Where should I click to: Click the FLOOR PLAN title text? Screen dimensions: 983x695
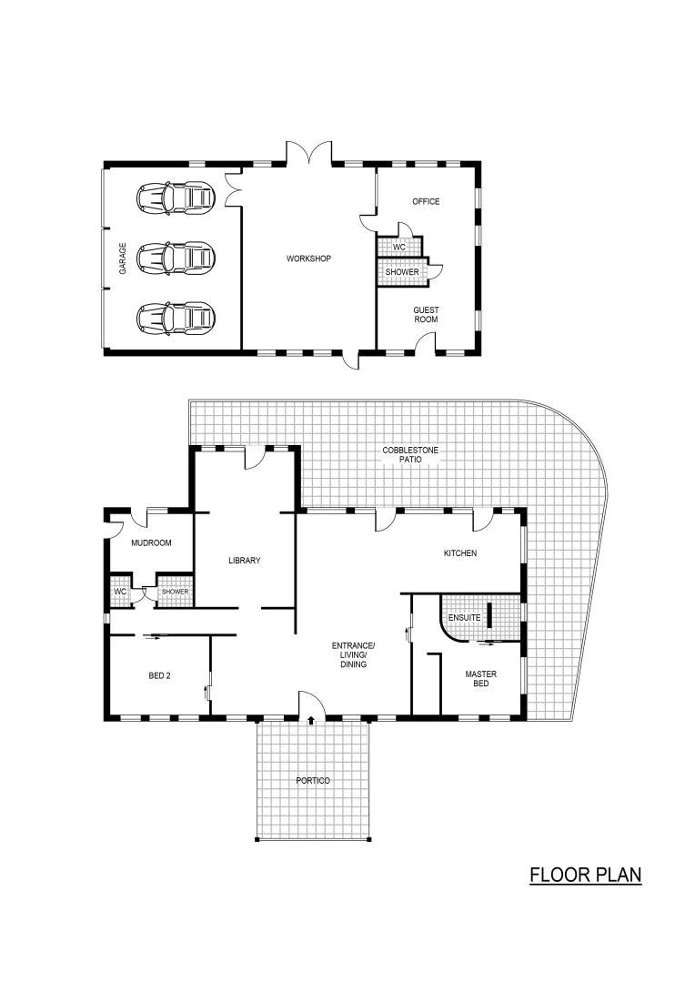[586, 875]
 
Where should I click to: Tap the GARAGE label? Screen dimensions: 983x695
[123, 265]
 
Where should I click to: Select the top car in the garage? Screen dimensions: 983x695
[176, 198]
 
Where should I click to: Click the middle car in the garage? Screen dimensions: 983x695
[176, 258]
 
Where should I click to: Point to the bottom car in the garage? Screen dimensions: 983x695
[176, 317]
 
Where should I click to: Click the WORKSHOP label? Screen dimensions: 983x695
[308, 258]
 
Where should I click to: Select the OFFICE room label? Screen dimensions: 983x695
[426, 201]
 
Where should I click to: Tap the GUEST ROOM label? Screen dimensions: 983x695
[426, 315]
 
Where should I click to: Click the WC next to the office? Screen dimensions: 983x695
[398, 247]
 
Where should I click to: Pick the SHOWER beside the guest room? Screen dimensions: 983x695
[402, 271]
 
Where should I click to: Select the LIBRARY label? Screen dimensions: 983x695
[245, 561]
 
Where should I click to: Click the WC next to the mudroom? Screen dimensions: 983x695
[119, 592]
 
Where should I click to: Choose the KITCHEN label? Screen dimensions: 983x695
[459, 553]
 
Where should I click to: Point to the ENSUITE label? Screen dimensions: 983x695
[464, 618]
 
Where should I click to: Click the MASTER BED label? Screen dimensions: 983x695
[479, 680]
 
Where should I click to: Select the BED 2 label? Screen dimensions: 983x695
[161, 676]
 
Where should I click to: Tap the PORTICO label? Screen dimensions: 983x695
[313, 781]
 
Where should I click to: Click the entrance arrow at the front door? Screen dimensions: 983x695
[312, 720]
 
